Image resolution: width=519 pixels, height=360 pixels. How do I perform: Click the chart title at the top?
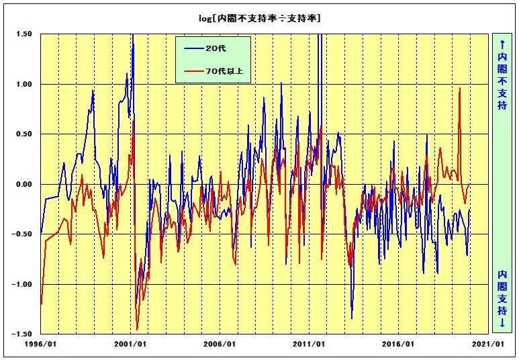259,18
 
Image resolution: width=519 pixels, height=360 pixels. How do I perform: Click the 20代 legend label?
216,48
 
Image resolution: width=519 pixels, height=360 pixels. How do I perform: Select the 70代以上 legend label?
224,71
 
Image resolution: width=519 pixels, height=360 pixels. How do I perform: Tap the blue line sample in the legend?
193,48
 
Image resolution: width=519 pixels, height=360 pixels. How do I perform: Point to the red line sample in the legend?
193,71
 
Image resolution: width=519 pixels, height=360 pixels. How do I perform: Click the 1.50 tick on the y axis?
24,34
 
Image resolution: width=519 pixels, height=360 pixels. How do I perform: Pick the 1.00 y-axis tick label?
24,84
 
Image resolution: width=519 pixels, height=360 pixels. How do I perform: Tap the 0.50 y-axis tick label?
24,134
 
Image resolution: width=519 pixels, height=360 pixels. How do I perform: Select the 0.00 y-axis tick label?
24,184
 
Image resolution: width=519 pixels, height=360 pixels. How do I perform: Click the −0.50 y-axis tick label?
22,234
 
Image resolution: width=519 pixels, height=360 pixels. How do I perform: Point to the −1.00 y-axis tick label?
22,284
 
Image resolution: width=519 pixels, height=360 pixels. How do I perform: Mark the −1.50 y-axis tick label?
22,334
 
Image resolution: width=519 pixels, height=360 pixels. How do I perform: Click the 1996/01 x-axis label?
40,344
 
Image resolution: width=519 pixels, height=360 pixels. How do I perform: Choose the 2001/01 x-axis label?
130,344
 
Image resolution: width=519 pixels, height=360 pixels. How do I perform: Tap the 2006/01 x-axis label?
220,344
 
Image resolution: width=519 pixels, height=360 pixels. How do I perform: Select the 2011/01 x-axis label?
309,344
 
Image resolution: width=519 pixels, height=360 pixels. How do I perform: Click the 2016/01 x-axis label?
398,344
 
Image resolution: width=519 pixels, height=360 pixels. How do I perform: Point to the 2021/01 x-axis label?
488,344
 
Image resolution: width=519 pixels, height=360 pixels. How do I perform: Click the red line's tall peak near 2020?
460,88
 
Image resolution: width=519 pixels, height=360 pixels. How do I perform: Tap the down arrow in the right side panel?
502,322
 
